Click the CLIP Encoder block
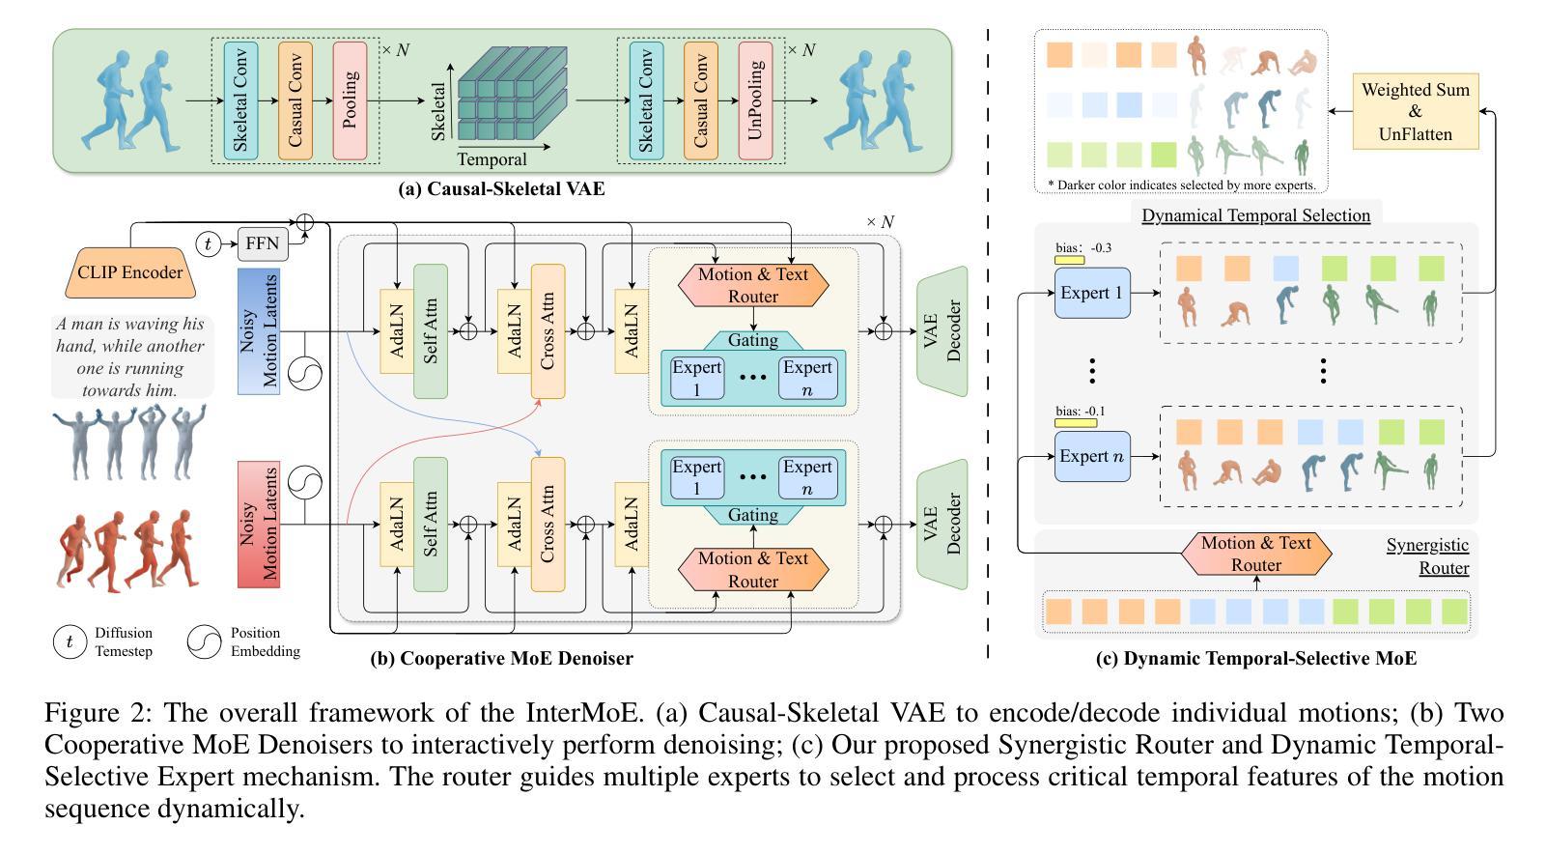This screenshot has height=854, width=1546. pos(129,272)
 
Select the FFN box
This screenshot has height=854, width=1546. pos(262,244)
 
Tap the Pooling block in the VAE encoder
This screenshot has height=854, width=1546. pos(350,100)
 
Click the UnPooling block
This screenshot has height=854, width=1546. pos(755,100)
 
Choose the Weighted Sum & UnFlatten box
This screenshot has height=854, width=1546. pos(1415,112)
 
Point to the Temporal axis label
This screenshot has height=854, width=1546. pos(492,159)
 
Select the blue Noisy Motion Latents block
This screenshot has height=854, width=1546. pos(258,331)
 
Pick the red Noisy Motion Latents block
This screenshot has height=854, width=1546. pos(258,525)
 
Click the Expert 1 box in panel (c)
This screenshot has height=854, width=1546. pos(1092,293)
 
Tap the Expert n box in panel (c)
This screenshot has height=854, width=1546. pos(1092,456)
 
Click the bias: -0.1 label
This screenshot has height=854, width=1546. pos(1081,412)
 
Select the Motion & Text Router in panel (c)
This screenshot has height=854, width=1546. pos(1255,554)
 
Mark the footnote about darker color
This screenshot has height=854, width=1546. pos(1181,185)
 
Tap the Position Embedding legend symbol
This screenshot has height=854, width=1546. pos(205,642)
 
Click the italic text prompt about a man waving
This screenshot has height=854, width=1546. pos(129,357)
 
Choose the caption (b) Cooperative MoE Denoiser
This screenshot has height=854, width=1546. pos(501,659)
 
